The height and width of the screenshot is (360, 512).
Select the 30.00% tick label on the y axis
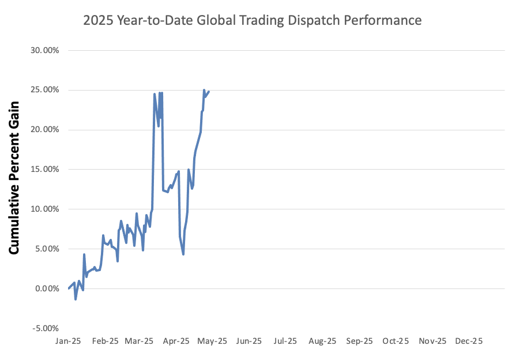44,50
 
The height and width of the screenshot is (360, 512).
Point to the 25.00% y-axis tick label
44,90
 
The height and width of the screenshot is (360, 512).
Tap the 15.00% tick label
44,170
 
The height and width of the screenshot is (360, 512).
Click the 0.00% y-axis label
46,288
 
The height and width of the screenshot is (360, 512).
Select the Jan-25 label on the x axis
68,342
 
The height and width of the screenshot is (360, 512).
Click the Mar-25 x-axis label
141,342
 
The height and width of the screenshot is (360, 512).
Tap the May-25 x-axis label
213,342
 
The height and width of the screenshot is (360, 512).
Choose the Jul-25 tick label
285,342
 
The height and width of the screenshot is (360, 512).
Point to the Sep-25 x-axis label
359,342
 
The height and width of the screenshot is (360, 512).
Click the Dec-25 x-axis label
469,342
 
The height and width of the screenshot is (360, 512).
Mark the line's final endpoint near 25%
209,92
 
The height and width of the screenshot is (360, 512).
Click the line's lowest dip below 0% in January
76,299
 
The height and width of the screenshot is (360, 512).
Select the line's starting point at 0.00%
68,288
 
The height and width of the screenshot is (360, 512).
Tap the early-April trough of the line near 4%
183,254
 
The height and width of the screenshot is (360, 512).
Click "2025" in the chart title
97,21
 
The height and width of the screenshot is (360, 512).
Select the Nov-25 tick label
432,342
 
